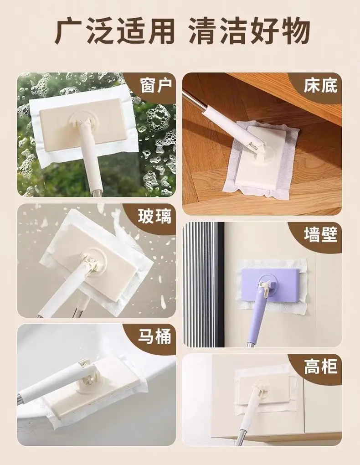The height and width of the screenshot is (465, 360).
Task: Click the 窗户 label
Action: [x=156, y=85]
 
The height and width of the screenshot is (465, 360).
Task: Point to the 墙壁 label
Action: [x=320, y=235]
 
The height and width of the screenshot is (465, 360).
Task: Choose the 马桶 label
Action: [x=154, y=336]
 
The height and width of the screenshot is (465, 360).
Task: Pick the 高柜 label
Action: [x=320, y=367]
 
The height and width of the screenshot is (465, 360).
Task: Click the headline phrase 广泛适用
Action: [x=115, y=31]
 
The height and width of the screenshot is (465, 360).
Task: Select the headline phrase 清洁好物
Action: [x=249, y=31]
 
